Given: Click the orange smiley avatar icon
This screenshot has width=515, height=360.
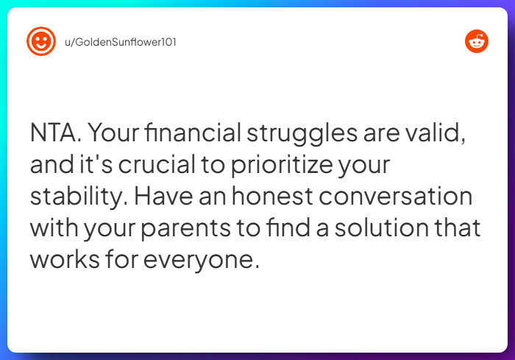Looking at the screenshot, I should (41, 41).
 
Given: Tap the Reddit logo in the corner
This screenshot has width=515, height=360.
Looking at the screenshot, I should (477, 41).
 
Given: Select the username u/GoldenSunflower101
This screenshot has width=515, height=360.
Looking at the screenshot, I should (121, 42).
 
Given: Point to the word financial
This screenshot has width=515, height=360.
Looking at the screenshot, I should (193, 134).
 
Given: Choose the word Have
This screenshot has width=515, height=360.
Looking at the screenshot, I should (160, 197).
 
